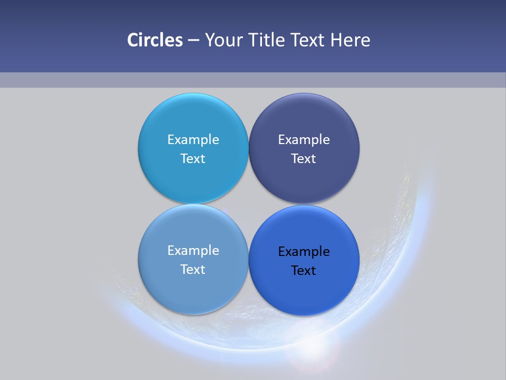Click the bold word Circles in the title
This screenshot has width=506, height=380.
tap(155, 40)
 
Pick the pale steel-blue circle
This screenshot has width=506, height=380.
tap(193, 288)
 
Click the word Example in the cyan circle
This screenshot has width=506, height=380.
tap(193, 140)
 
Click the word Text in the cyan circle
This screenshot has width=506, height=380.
tap(193, 159)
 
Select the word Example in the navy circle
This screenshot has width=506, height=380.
tap(304, 140)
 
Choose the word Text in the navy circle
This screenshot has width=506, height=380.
tap(304, 159)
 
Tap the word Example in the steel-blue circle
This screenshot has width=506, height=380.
tap(193, 251)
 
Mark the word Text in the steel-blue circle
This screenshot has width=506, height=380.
tap(193, 270)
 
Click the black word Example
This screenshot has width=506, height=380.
tap(304, 252)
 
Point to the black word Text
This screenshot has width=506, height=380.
tap(304, 271)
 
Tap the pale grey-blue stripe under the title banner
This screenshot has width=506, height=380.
tap(253, 80)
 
